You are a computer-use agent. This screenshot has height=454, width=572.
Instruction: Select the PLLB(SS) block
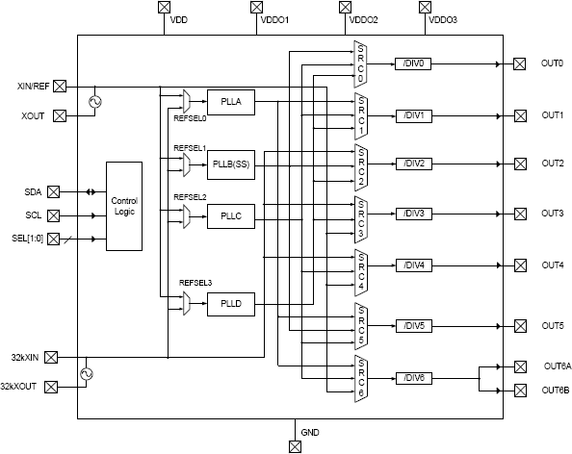[231, 164]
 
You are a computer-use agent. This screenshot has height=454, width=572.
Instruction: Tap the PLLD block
[231, 304]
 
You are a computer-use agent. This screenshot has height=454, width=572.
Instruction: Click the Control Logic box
[123, 207]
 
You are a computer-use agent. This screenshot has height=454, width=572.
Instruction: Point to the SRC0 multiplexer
[361, 64]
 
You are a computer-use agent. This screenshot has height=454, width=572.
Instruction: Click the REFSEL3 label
[195, 283]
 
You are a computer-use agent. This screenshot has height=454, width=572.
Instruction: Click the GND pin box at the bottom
[295, 445]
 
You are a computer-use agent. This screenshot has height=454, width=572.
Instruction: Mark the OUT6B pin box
[520, 390]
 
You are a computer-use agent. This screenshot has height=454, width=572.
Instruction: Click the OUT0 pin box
[520, 64]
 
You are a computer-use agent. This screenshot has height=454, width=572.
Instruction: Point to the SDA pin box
[53, 192]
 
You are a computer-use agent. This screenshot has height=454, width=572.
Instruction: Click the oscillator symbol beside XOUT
[94, 101]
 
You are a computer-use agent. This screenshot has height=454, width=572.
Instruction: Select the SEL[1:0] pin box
[53, 238]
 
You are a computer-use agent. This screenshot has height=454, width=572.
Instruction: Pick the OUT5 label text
[553, 326]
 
